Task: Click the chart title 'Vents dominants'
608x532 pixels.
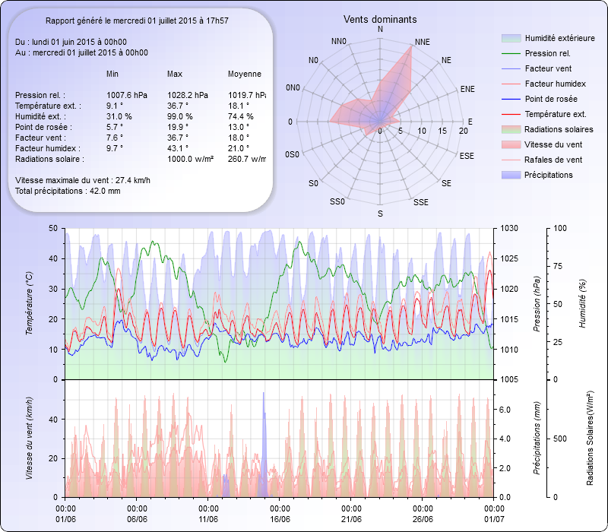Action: [379, 19]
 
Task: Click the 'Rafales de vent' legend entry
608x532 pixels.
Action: [553, 160]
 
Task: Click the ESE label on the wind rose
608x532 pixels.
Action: [467, 155]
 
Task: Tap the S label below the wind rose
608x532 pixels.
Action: [380, 214]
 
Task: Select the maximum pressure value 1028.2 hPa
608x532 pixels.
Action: [188, 95]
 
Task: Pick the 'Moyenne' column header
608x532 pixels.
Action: [245, 74]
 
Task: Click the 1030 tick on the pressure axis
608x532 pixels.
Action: [508, 228]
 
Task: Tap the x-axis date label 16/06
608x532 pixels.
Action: [280, 519]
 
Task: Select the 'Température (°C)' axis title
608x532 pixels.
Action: [30, 304]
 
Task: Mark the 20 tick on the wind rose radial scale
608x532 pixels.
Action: [463, 131]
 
